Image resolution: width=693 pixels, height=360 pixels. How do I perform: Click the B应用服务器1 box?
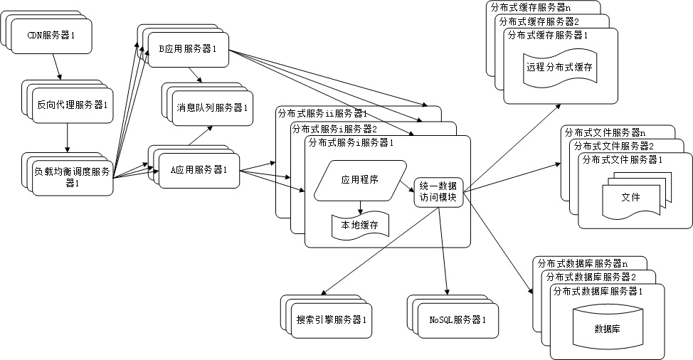click(188, 49)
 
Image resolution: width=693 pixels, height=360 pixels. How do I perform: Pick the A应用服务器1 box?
click(199, 170)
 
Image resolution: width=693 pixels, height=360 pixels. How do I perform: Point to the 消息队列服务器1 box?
click(211, 108)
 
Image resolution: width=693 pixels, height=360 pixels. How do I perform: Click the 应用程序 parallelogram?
click(359, 180)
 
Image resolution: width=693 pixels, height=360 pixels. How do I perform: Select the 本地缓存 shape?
click(359, 226)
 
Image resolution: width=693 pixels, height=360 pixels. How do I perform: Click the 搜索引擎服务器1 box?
click(332, 320)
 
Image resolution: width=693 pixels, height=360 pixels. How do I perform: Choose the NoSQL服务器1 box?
click(458, 320)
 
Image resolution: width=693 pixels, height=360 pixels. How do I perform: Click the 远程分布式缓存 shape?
click(560, 69)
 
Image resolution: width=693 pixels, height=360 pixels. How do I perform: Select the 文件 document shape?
click(630, 197)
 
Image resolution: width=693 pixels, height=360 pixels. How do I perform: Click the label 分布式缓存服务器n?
click(531, 7)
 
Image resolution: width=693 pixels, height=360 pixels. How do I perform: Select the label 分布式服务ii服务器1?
click(322, 113)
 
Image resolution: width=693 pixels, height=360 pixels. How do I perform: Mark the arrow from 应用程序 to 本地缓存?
click(360, 206)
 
